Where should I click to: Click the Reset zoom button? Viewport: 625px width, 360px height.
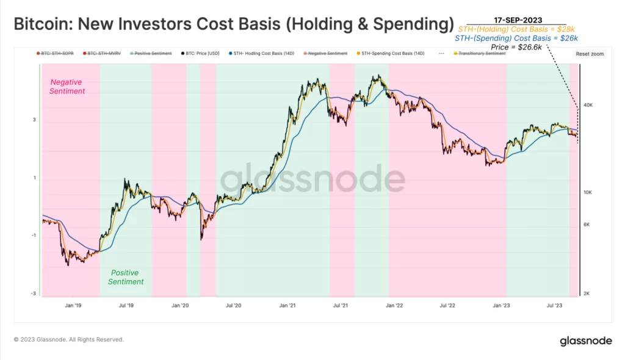(589, 54)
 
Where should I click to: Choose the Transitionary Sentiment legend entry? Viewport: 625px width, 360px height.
(482, 54)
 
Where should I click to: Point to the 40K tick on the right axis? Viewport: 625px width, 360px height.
(589, 105)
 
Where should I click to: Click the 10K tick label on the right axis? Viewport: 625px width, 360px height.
(589, 192)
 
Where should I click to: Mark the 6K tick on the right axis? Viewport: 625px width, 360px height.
(588, 225)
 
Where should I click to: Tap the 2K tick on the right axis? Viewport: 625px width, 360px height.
(588, 293)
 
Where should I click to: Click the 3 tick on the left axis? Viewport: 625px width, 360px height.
(34, 120)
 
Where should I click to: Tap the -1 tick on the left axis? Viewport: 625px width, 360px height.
(33, 236)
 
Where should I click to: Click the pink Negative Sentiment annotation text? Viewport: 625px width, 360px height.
(68, 87)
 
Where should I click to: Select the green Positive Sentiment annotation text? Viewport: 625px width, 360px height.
(126, 277)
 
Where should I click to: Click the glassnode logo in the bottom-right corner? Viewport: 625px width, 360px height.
(586, 341)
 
